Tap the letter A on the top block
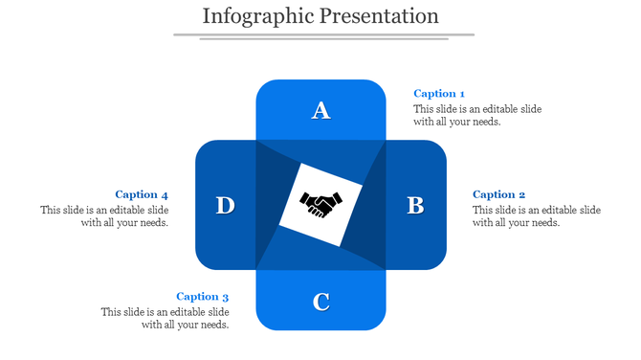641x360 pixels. click(321, 111)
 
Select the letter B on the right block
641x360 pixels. click(415, 206)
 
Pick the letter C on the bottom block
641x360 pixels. click(321, 303)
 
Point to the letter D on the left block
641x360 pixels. click(225, 206)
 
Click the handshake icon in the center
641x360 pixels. click(321, 203)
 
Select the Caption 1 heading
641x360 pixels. click(439, 94)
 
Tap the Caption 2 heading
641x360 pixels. click(498, 195)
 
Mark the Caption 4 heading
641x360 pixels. click(142, 195)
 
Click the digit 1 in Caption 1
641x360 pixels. click(462, 94)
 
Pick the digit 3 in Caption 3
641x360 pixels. click(226, 297)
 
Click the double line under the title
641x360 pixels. click(323, 36)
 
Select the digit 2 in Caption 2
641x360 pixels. click(521, 195)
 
